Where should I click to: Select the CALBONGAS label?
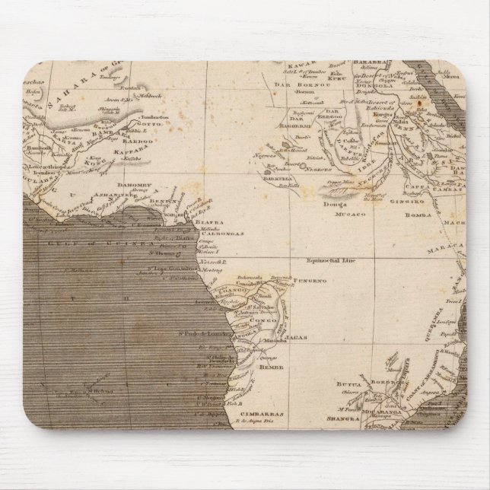coord(224,234)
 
